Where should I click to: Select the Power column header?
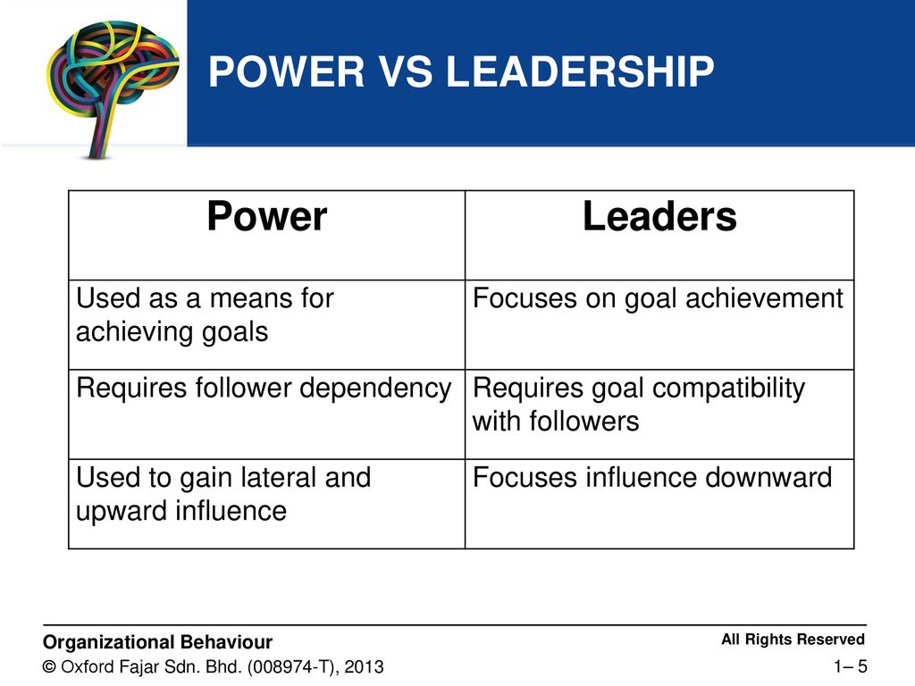[266, 217]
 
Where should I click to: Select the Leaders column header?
[659, 217]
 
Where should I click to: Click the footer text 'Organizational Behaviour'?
[158, 641]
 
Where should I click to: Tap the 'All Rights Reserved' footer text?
[793, 640]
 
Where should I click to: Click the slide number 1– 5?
[851, 665]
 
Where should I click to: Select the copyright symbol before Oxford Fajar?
[50, 667]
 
